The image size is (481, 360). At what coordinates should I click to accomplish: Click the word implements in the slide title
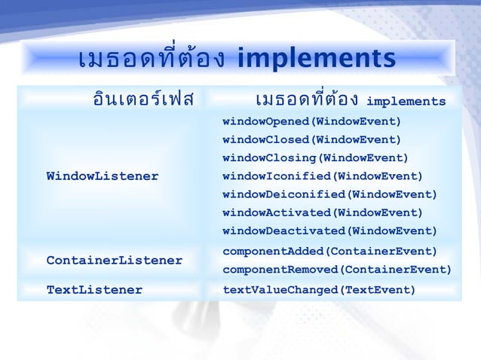[316, 58]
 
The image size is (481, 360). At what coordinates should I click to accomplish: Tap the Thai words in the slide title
[151, 58]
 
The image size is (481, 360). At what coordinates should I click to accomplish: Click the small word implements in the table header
[406, 102]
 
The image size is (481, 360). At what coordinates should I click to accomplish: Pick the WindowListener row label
[103, 176]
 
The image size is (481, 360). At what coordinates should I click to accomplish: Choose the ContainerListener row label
[115, 261]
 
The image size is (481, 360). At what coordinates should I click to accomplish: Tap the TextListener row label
[94, 289]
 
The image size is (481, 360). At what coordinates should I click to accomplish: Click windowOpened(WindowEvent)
[312, 122]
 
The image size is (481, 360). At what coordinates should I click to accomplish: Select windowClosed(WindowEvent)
[312, 140]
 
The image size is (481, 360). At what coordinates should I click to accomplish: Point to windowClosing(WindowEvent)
[316, 158]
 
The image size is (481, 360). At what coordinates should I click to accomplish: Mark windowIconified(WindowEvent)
[323, 176]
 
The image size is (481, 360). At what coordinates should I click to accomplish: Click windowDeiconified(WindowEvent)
[330, 194]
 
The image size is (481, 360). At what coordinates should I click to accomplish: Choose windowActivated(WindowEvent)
[323, 212]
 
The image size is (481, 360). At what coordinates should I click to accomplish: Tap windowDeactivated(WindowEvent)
[330, 230]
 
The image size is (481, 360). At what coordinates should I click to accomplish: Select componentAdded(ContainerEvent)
[330, 251]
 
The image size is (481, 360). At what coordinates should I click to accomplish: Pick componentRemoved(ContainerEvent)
[337, 270]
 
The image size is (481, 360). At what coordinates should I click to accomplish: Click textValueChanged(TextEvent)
[319, 289]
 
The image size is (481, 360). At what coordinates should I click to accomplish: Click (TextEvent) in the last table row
[379, 289]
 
